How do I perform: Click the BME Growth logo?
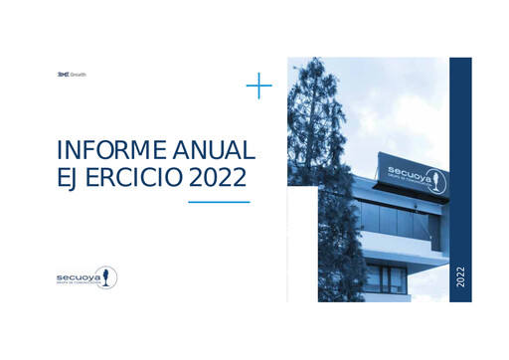click(x=72, y=75)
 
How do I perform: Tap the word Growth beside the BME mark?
click(x=79, y=75)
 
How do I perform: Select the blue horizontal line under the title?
click(x=219, y=202)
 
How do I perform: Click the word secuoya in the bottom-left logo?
click(x=78, y=274)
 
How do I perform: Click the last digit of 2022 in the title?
click(x=244, y=179)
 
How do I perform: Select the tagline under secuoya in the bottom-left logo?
click(x=77, y=283)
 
